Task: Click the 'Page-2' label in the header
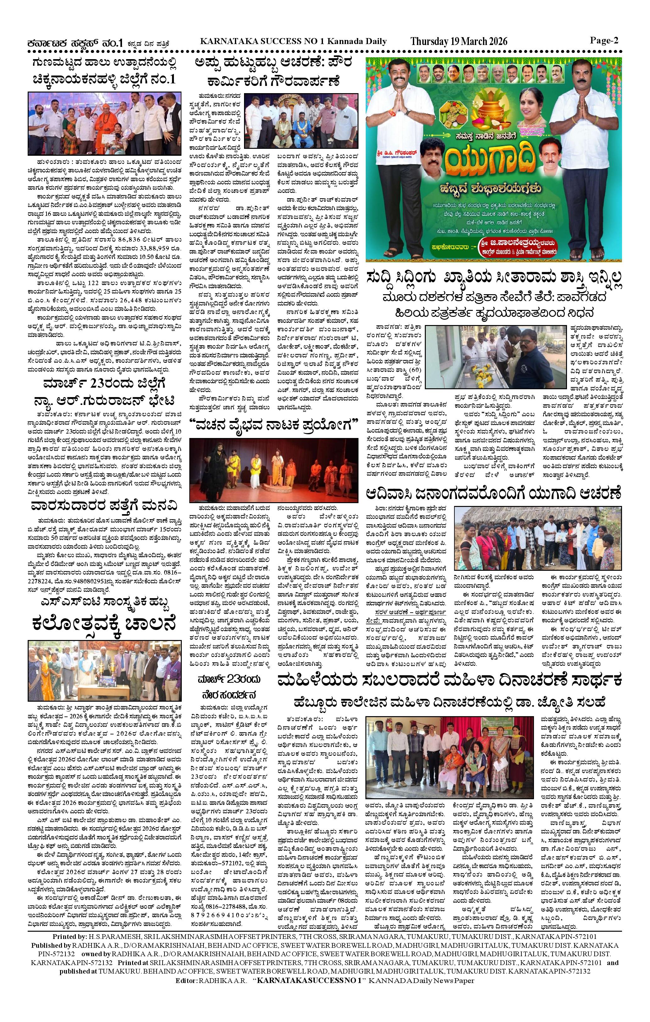click(x=604, y=41)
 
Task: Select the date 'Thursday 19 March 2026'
click(x=459, y=41)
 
